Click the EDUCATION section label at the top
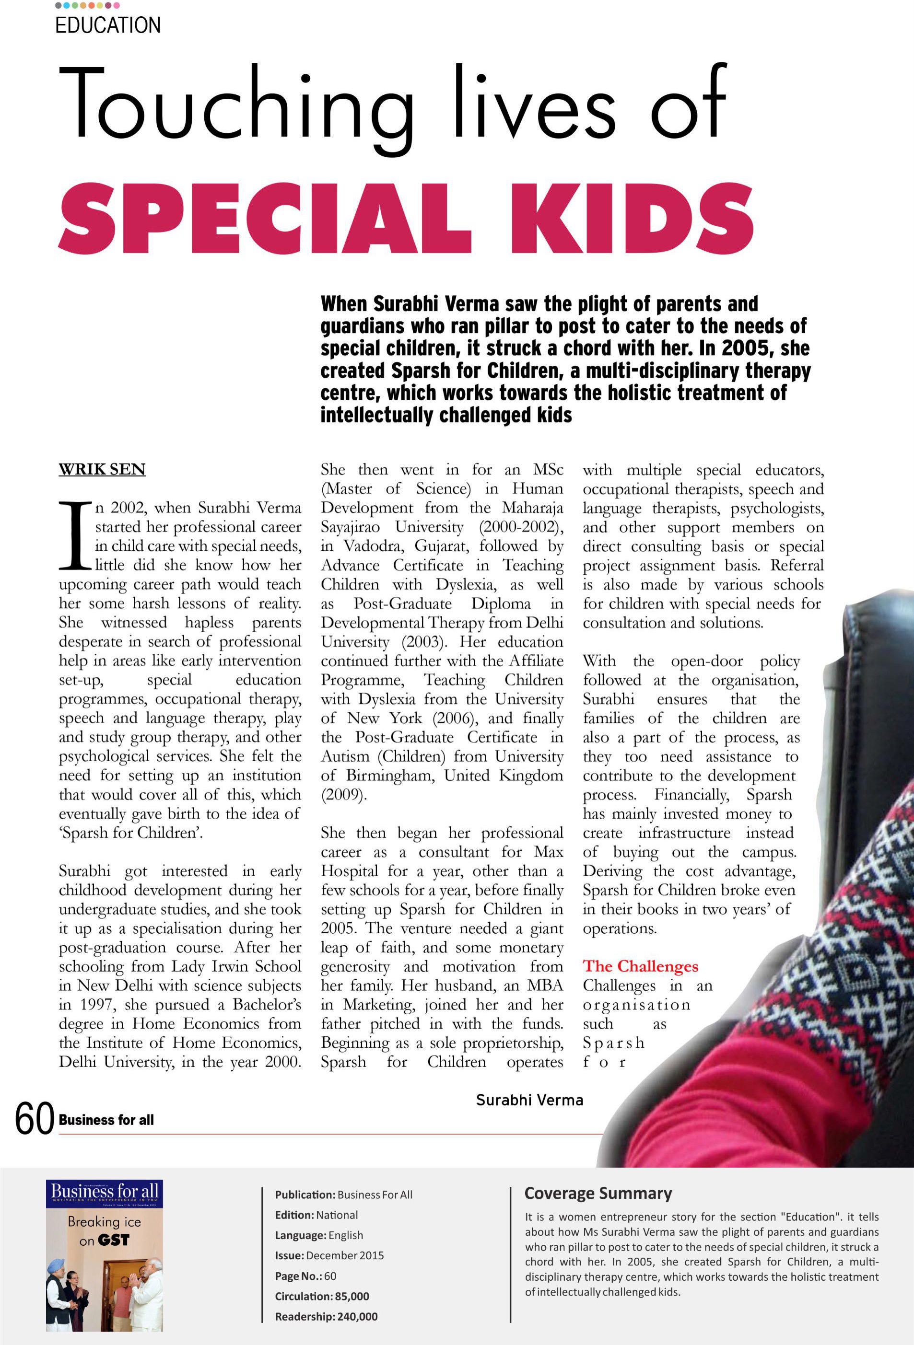coord(108,25)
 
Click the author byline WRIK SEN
coord(102,469)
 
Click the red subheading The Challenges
coord(640,966)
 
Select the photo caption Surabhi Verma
coord(529,1100)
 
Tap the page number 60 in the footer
coord(35,1119)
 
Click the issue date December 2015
coord(344,1255)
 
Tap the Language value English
coord(346,1235)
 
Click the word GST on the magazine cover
coord(114,1240)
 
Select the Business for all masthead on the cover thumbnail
coord(104,1191)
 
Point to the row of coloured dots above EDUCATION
coord(87,5)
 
